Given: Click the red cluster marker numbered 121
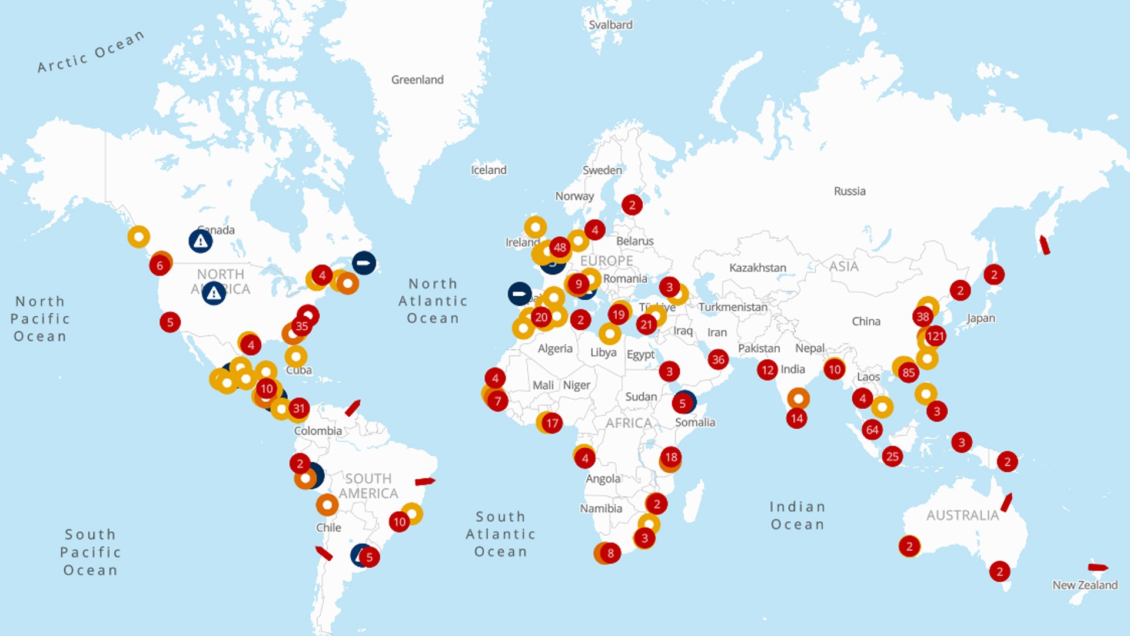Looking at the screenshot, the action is coord(935,336).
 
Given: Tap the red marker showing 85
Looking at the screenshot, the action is coord(909,372).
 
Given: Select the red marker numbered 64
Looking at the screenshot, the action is coord(872,430).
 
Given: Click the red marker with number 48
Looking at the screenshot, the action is coord(560,247).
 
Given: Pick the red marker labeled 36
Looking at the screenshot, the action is coord(718,359).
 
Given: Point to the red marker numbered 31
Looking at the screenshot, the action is coord(299,408).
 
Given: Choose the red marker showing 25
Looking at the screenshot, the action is coord(892,456).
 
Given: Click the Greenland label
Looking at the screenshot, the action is coord(417,79).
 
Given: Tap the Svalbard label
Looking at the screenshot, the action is coord(610,25).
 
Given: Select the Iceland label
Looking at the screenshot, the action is coord(488,170).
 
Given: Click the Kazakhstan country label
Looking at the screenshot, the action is coord(757,268).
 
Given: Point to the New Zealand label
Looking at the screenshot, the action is coord(1085,585).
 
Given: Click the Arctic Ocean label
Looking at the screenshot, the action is coord(91,52).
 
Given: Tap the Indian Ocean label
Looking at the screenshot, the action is coord(797,515).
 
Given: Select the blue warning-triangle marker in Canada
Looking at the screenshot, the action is coord(201,241).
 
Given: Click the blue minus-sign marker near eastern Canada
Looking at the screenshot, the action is coord(364,263).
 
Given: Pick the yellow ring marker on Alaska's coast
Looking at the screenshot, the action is coord(139,237).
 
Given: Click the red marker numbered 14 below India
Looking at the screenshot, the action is coord(796,419).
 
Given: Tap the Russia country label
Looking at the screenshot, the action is coord(849,191).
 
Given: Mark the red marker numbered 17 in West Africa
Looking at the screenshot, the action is coord(552,423).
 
